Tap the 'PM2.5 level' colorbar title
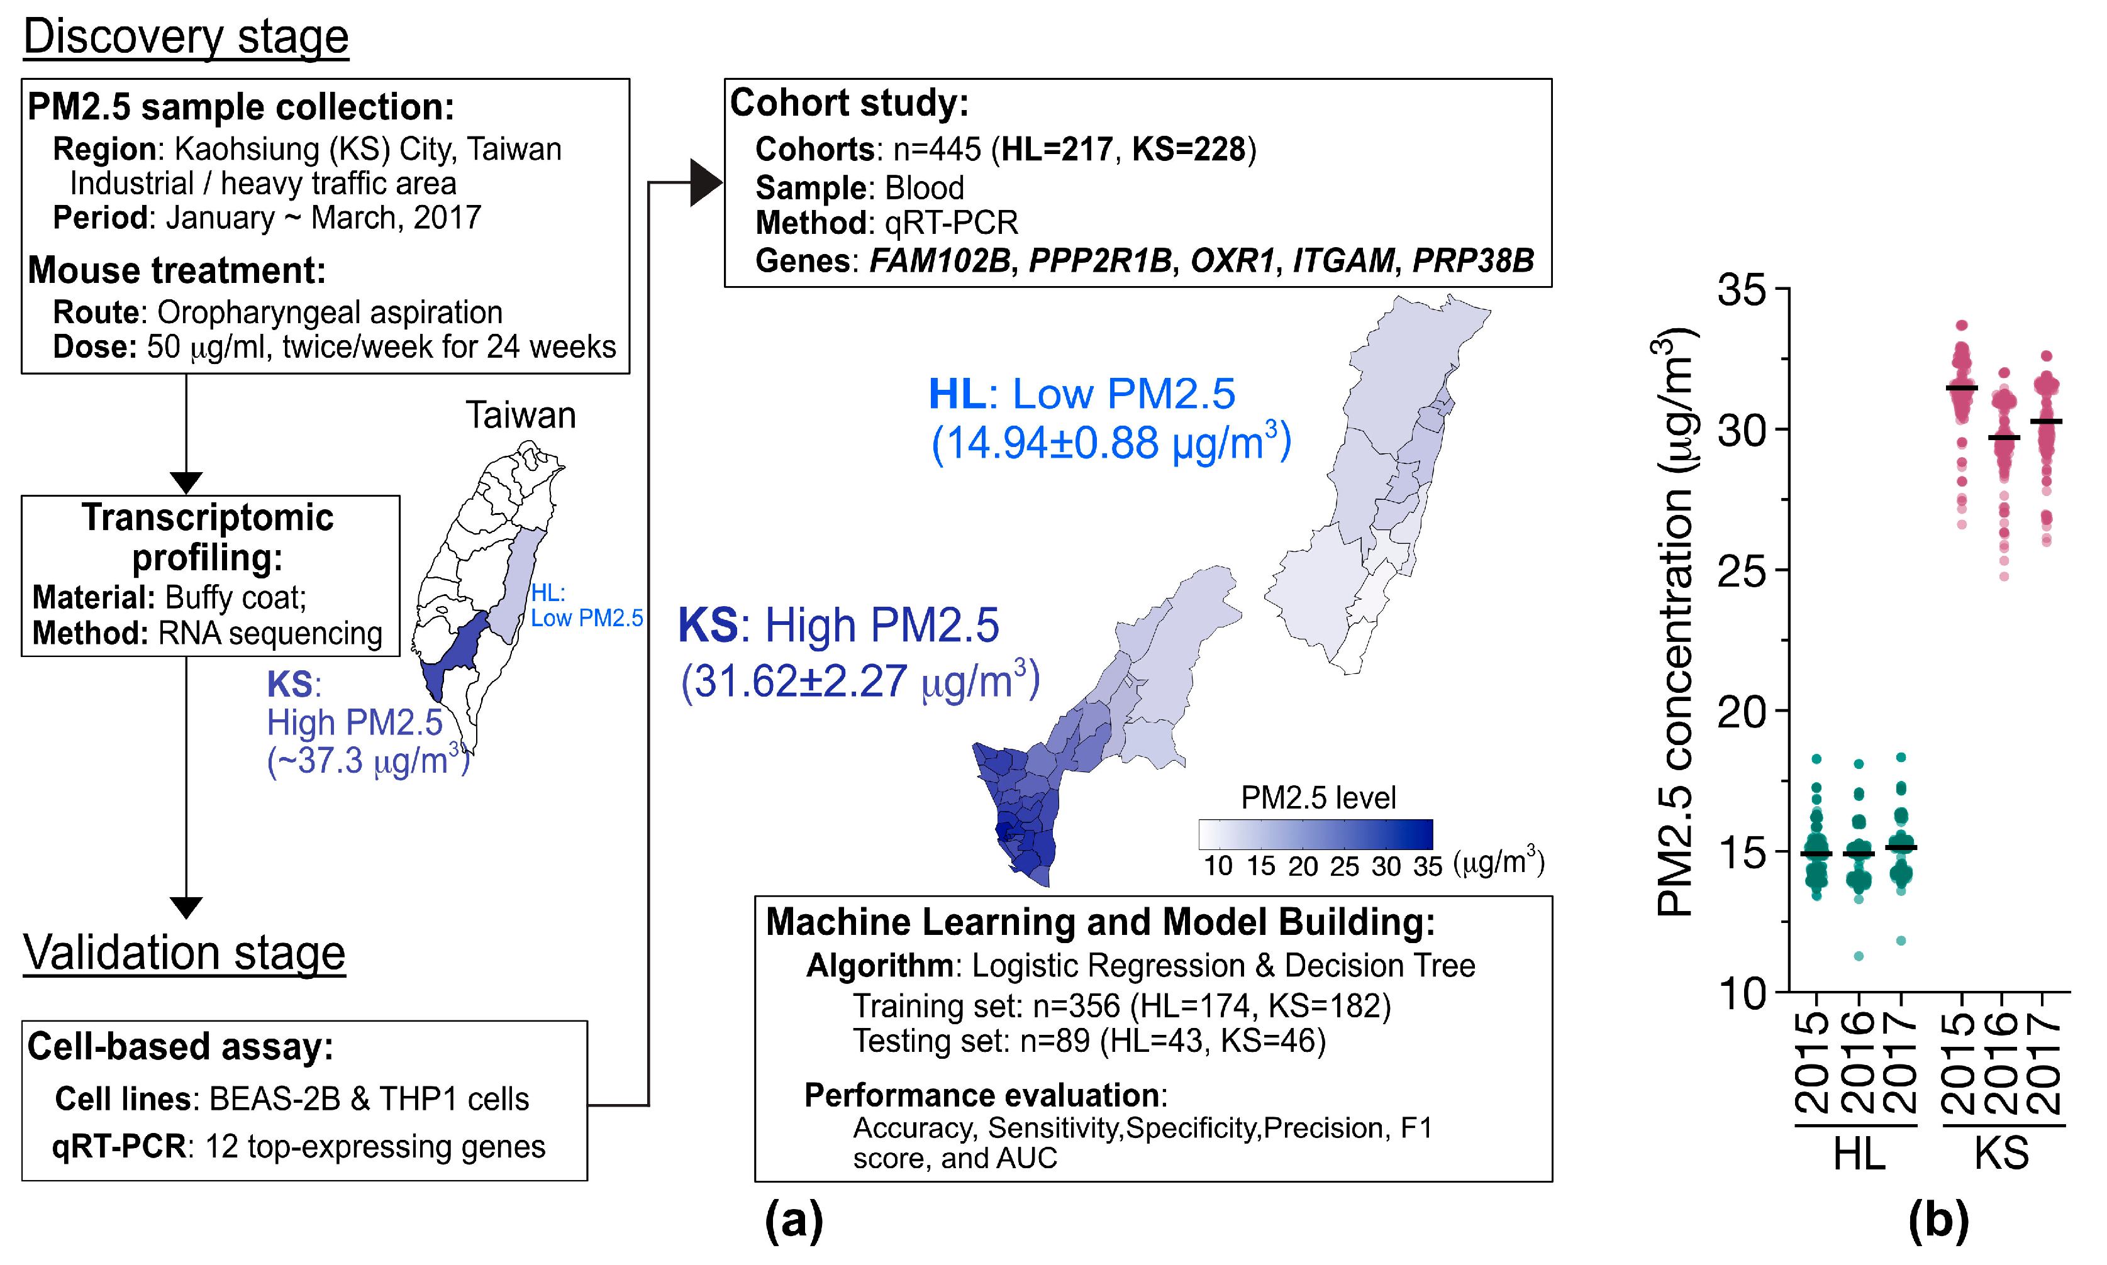pyautogui.click(x=1318, y=798)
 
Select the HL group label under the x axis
pyautogui.click(x=1858, y=1156)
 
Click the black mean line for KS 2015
pyautogui.click(x=1961, y=389)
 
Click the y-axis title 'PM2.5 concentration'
pyautogui.click(x=1674, y=622)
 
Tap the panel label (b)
pyautogui.click(x=1938, y=1220)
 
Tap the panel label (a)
pyautogui.click(x=793, y=1220)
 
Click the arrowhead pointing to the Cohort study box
pyautogui.click(x=705, y=182)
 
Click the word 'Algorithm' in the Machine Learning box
pyautogui.click(x=879, y=966)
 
